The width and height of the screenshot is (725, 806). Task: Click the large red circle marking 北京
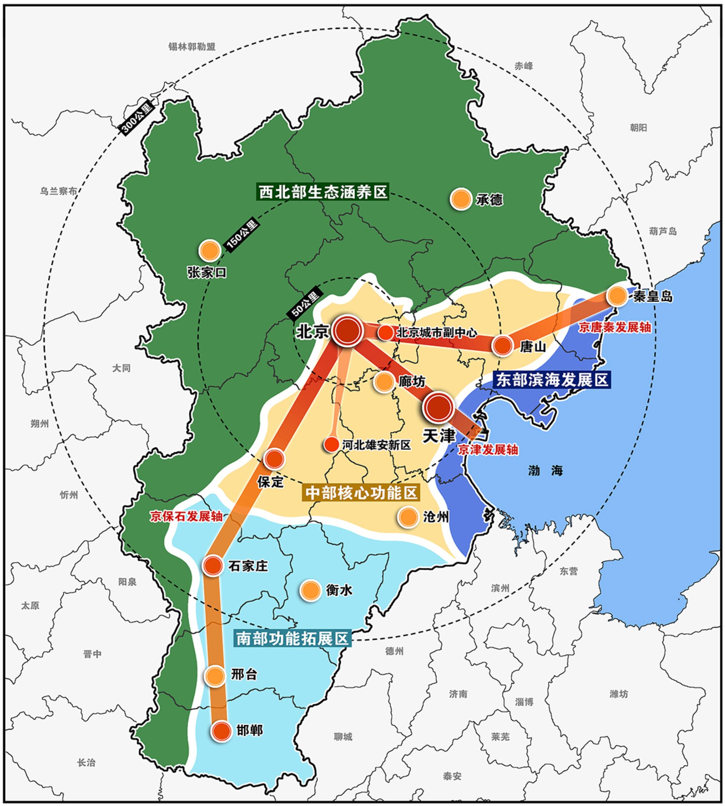click(348, 331)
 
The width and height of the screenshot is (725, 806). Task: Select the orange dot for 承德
click(461, 199)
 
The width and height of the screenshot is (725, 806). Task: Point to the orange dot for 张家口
click(210, 250)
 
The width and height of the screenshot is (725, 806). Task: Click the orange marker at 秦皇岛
click(617, 296)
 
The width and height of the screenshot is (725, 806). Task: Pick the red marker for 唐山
click(502, 346)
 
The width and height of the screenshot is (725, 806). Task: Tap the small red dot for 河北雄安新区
click(331, 444)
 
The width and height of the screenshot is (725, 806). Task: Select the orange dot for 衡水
click(310, 590)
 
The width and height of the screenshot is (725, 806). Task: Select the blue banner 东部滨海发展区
click(551, 380)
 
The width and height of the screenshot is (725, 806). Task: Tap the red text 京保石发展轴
click(186, 517)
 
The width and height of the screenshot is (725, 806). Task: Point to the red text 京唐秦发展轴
click(615, 327)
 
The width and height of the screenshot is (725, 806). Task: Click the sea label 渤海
click(545, 471)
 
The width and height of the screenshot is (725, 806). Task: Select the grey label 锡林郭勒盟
click(192, 47)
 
